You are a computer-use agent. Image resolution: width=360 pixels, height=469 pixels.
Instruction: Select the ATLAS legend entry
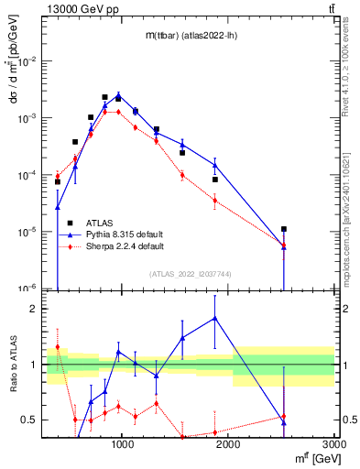click(x=100, y=223)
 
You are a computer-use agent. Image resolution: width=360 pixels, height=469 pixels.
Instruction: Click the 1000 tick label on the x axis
click(x=122, y=446)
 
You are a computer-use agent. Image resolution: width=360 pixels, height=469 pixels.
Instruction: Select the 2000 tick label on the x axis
click(x=228, y=446)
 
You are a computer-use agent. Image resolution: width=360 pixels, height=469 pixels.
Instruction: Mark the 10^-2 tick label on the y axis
click(x=28, y=61)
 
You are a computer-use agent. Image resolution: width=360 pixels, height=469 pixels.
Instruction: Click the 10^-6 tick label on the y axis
click(x=28, y=289)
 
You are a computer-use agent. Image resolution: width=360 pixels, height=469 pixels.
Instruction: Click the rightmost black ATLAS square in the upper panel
click(x=284, y=229)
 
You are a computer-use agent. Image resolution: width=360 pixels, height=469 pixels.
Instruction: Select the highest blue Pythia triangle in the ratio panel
click(x=215, y=318)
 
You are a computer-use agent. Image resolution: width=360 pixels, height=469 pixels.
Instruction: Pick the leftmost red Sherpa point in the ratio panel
click(x=57, y=346)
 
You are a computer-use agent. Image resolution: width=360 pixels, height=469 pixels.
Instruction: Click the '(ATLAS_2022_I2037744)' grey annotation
click(x=190, y=274)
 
